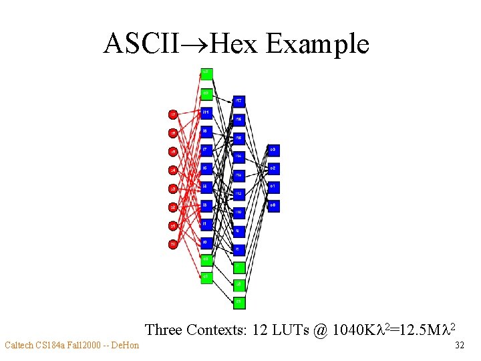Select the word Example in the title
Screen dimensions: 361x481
[317, 43]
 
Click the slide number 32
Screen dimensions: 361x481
[459, 346]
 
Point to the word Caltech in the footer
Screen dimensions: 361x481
[21, 346]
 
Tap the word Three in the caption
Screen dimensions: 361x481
[164, 330]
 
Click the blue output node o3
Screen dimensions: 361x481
[273, 150]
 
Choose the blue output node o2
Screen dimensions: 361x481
[273, 168]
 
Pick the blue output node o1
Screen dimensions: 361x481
[273, 187]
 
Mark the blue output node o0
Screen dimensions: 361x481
[273, 205]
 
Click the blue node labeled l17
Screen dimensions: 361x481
[238, 102]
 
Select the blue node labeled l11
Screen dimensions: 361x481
[206, 112]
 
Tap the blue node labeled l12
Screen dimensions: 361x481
[238, 195]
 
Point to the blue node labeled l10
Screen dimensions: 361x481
[238, 213]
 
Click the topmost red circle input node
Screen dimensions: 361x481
[173, 115]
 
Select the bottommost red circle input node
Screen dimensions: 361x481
[173, 245]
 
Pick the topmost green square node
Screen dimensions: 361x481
[206, 73]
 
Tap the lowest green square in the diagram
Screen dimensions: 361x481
[238, 303]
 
